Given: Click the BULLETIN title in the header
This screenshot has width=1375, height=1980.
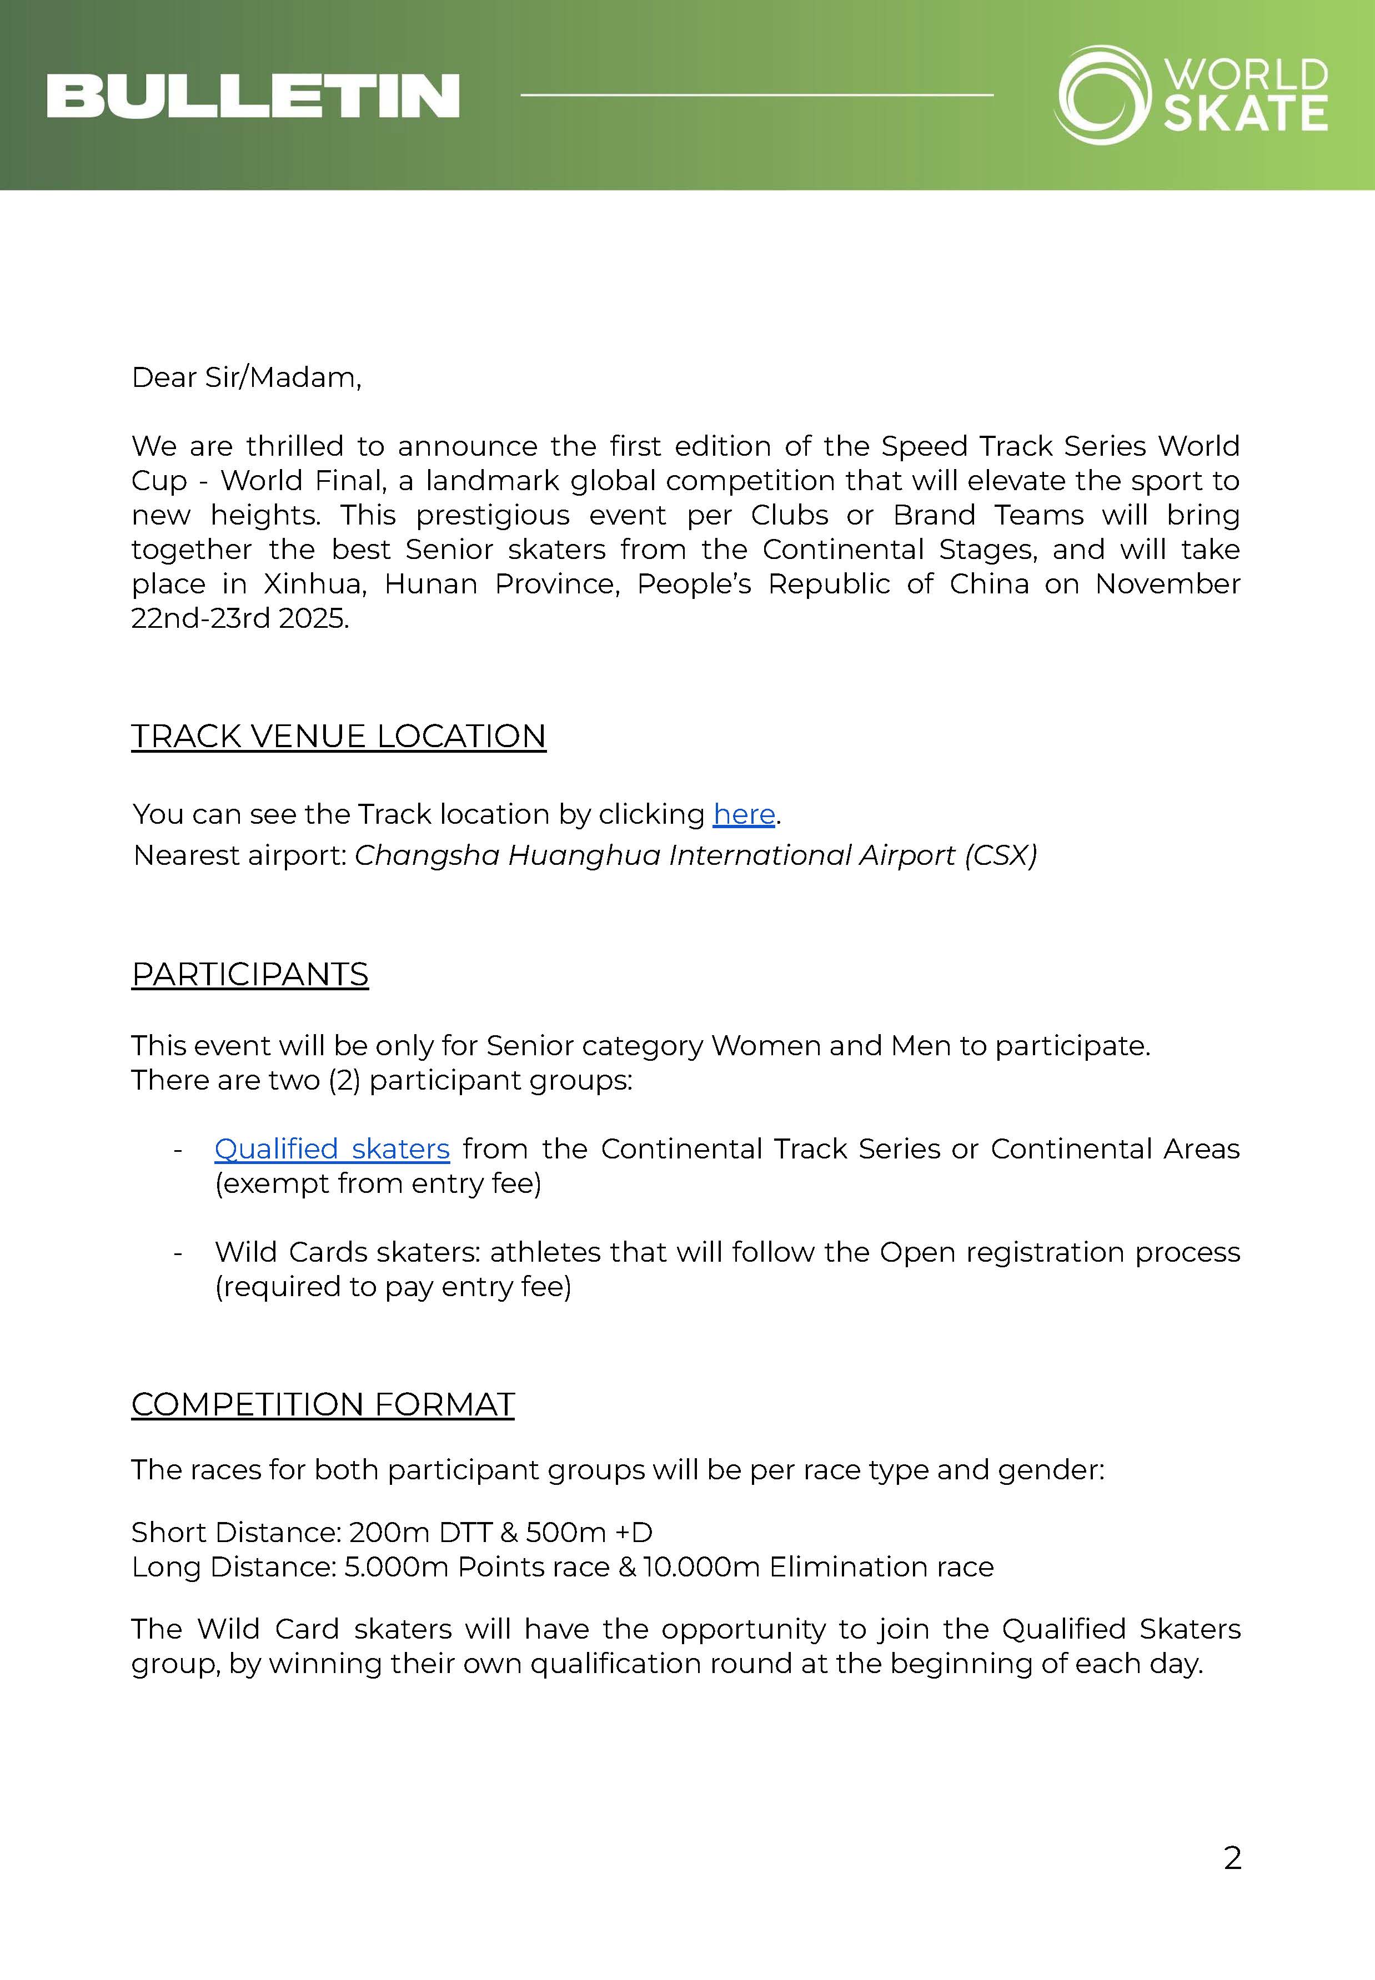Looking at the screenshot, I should coord(253,95).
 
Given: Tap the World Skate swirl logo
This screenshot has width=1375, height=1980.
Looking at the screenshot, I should coord(1103,95).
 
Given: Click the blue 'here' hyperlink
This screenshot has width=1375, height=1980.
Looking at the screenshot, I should coord(744,814).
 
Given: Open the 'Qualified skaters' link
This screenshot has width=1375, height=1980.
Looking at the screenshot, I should coord(332,1149).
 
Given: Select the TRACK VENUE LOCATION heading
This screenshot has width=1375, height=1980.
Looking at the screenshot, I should coord(339,737).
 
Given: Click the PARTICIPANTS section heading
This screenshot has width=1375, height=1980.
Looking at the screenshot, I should coord(250,974).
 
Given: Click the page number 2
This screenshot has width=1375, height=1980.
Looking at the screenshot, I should coord(1232,1858).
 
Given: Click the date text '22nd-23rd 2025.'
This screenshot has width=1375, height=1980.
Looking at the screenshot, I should coord(240,618).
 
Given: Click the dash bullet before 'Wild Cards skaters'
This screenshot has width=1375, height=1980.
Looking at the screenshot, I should coord(178,1253).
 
